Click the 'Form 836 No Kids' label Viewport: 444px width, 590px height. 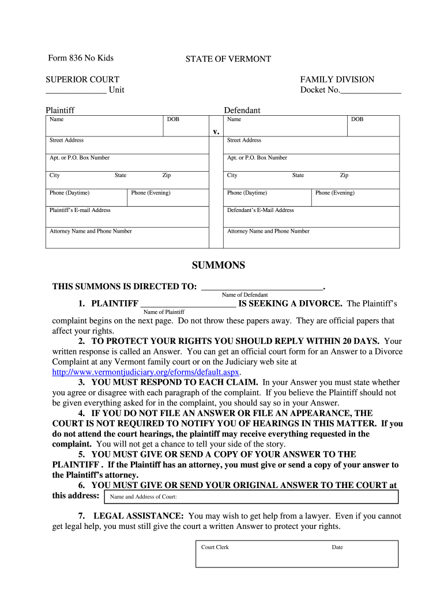[x=81, y=58]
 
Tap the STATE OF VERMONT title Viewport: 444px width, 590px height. [x=228, y=59]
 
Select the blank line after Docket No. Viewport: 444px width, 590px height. [x=371, y=90]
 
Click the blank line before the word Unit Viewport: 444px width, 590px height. [x=76, y=90]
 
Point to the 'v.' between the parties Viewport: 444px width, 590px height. [x=216, y=131]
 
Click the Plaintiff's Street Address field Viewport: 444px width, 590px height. [x=127, y=145]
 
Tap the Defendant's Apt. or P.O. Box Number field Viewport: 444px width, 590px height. [x=311, y=162]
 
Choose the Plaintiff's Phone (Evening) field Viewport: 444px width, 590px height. [x=168, y=198]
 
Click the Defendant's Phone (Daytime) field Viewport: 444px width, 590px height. [x=268, y=198]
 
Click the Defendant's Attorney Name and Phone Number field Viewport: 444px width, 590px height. [x=311, y=237]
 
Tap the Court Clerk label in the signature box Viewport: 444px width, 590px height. [x=215, y=547]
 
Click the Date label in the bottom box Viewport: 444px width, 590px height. [x=337, y=547]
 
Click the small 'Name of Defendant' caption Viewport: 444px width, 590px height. [x=244, y=295]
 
